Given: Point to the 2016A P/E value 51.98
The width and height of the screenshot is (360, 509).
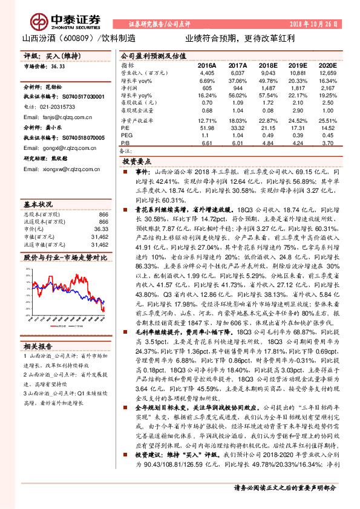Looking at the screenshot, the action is click(207, 129).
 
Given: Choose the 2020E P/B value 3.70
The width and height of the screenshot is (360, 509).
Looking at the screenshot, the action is click(327, 144).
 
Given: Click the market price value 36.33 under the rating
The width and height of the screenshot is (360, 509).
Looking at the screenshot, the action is click(58, 67).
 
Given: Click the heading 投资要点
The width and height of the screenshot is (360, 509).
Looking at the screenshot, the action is click(137, 163).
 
